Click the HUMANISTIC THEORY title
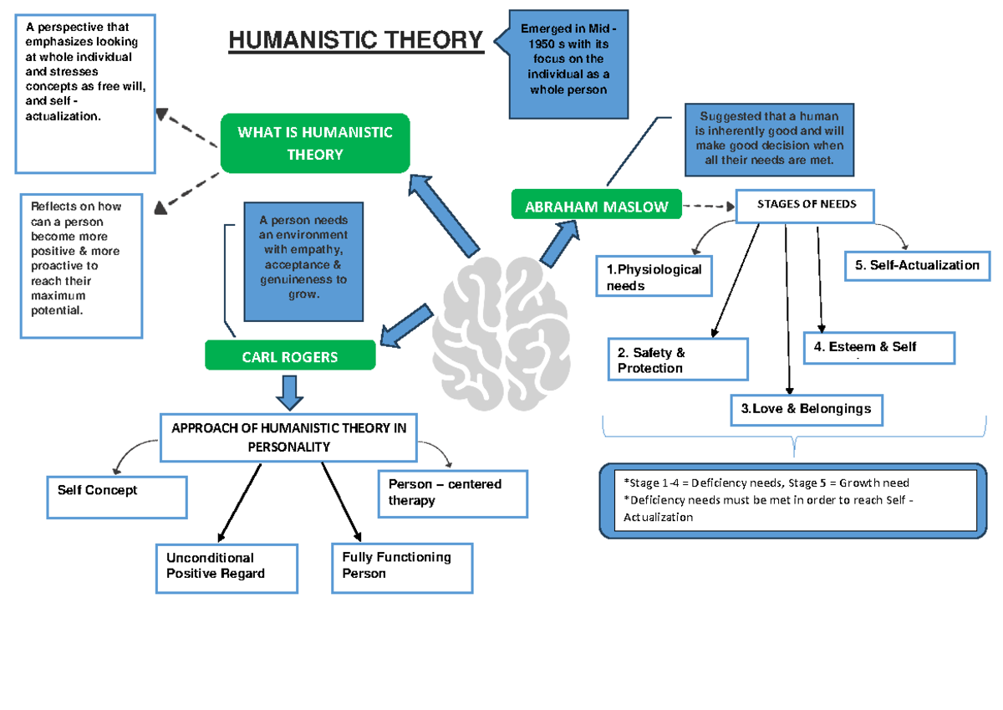(x=356, y=40)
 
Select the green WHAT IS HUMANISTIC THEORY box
(x=314, y=143)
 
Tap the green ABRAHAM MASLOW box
(x=596, y=207)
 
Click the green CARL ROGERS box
(x=290, y=356)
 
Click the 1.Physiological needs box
(x=654, y=277)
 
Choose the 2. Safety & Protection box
(x=678, y=360)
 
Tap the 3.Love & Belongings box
(x=806, y=409)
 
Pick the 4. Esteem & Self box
(x=878, y=347)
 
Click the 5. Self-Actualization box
(x=917, y=265)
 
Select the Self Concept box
(x=117, y=496)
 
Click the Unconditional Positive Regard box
(x=227, y=569)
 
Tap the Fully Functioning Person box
(x=402, y=568)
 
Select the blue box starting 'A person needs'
(x=303, y=261)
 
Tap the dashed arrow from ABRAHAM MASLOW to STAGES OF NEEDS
(x=707, y=206)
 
